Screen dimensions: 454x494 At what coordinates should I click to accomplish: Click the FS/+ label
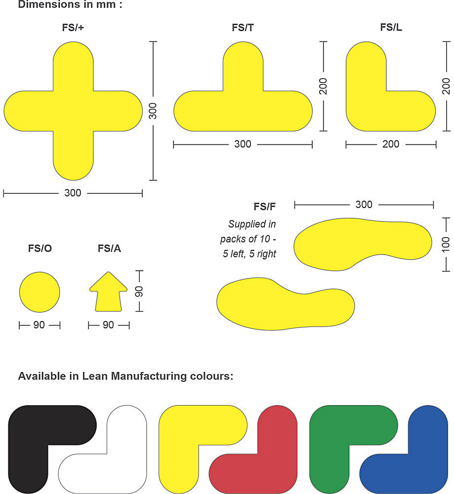73,28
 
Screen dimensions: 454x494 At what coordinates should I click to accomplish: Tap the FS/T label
243,28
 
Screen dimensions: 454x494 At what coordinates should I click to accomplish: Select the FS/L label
391,27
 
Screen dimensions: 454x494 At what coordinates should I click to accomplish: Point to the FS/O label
40,248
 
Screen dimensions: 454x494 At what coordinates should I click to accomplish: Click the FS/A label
109,248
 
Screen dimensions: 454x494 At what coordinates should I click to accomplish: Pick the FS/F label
264,206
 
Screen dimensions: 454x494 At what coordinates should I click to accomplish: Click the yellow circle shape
40,292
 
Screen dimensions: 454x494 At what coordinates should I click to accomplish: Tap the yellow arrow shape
108,292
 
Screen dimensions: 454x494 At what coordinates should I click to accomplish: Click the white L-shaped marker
126,466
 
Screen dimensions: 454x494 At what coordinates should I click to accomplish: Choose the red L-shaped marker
277,466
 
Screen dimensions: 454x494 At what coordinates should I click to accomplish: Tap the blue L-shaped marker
428,466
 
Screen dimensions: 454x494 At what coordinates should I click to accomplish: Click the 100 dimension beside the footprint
446,245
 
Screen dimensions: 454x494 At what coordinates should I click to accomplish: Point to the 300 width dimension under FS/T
243,144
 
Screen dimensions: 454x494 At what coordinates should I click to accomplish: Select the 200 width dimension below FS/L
391,144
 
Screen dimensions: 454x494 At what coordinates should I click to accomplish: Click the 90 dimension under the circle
39,325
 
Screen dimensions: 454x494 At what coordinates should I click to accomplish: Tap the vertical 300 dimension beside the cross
153,111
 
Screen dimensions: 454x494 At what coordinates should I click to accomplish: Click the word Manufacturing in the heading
149,376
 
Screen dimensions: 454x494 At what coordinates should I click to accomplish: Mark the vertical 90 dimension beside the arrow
139,291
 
